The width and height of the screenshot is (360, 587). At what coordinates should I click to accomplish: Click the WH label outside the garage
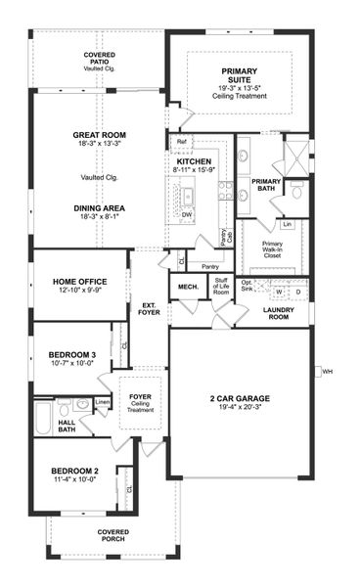pyautogui.click(x=329, y=371)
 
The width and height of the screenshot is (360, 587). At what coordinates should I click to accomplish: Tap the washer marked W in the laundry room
pyautogui.click(x=280, y=292)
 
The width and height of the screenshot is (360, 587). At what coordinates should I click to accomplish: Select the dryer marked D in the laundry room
pyautogui.click(x=298, y=292)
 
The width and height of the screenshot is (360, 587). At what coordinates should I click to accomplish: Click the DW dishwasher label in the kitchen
pyautogui.click(x=187, y=212)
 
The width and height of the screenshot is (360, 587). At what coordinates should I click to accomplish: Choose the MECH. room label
pyautogui.click(x=188, y=287)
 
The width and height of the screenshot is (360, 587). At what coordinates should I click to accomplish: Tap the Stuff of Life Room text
pyautogui.click(x=221, y=286)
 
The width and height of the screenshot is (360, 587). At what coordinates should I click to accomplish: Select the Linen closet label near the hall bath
pyautogui.click(x=103, y=401)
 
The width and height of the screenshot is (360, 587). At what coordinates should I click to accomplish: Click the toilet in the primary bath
pyautogui.click(x=294, y=193)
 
